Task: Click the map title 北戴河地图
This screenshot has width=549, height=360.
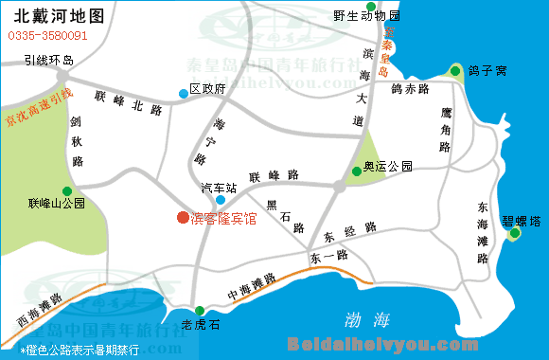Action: pos(59,16)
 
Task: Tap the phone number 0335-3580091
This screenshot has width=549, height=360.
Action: pos(48,36)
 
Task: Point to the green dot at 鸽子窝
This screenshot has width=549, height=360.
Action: pos(456,71)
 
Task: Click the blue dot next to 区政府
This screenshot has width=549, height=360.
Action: pos(183,93)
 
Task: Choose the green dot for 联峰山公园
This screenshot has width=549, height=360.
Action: pos(65,189)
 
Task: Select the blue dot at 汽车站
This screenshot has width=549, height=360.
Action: pos(221,200)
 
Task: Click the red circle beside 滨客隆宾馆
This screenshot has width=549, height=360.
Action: pos(183,217)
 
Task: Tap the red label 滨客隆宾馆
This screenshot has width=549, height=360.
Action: pos(223,218)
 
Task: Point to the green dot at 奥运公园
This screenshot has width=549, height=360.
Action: pos(356,171)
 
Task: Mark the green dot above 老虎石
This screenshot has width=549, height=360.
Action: pos(200,311)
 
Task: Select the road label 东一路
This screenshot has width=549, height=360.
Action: pos(328,255)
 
